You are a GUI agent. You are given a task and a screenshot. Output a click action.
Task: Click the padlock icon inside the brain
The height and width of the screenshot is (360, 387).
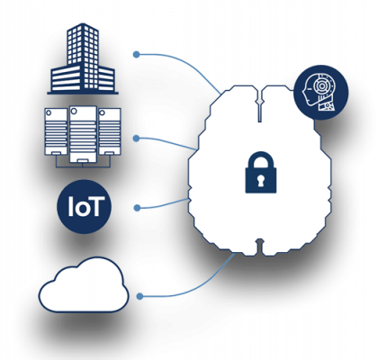261,173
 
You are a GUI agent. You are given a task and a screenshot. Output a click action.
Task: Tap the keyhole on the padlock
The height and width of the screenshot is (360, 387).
261,180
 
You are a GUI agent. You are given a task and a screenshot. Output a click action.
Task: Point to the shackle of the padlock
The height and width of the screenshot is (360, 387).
261,159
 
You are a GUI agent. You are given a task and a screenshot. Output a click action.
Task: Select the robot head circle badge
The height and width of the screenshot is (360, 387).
320,92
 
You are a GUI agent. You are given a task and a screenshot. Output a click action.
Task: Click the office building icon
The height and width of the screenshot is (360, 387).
83,58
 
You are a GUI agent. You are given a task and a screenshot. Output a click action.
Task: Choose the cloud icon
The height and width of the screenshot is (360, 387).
84,284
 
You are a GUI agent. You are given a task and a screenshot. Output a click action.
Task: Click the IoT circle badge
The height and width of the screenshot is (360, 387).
84,206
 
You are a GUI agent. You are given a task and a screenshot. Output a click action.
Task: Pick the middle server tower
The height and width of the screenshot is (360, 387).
83,134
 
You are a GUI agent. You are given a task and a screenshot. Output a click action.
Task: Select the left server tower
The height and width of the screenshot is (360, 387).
56,131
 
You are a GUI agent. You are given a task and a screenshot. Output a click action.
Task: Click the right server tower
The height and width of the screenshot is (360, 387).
110,131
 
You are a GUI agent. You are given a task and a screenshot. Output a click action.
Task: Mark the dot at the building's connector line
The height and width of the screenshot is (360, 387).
137,55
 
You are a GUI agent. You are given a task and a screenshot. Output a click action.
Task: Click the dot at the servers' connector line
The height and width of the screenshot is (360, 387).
137,139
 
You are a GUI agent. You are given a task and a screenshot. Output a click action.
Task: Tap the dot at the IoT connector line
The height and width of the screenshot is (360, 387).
137,208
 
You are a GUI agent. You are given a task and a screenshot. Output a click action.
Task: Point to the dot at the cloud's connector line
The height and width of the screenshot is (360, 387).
139,296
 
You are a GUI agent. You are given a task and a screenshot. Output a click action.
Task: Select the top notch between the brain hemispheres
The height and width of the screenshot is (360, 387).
260,103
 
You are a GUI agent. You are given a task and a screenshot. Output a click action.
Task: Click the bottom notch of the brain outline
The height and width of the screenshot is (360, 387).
260,247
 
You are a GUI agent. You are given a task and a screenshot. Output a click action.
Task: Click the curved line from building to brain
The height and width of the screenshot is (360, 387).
185,63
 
